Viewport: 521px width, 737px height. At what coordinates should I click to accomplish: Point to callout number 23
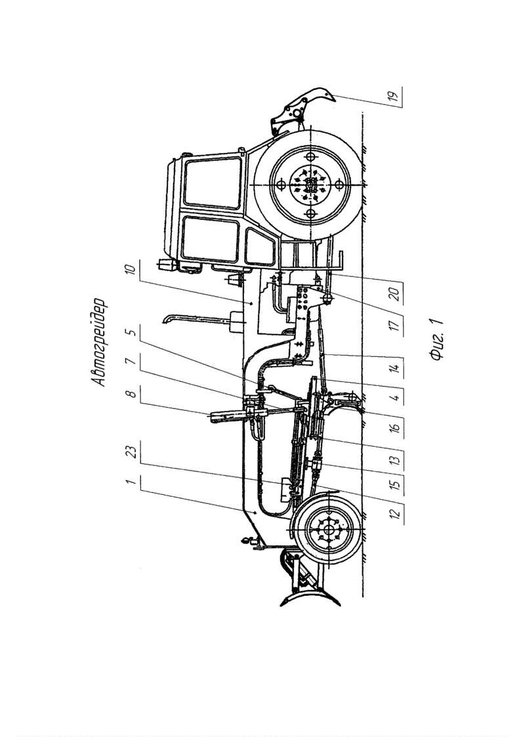pyautogui.click(x=131, y=453)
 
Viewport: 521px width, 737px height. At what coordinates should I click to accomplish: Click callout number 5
pyautogui.click(x=132, y=333)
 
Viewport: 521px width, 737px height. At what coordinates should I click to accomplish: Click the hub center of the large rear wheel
pyautogui.click(x=310, y=184)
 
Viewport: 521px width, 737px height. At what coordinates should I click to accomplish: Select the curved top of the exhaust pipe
pyautogui.click(x=167, y=320)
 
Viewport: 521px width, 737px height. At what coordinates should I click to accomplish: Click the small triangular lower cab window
pyautogui.click(x=260, y=247)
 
